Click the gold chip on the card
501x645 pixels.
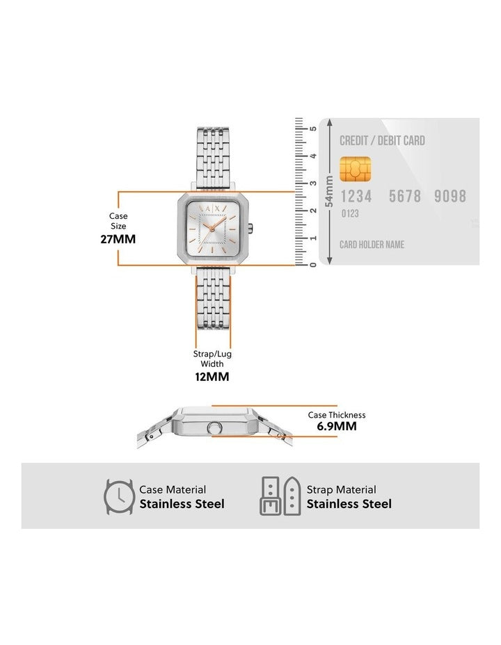click(355, 169)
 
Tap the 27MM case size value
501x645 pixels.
click(118, 239)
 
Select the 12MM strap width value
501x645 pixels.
click(212, 377)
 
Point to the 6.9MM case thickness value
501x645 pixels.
click(337, 426)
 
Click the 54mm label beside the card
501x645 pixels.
click(329, 192)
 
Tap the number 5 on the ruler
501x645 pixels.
click(313, 129)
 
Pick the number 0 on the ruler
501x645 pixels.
click(313, 266)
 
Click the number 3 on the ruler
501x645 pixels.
click(313, 183)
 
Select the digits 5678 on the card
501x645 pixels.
click(405, 196)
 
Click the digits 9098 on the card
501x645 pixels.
click(450, 196)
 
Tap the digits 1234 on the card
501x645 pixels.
click(356, 196)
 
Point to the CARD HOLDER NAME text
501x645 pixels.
click(372, 245)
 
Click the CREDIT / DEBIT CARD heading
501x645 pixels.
click(382, 140)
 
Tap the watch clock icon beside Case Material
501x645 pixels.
click(119, 496)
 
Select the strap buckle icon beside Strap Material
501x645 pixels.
click(280, 496)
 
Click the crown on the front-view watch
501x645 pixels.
click(250, 228)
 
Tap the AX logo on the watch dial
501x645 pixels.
click(212, 209)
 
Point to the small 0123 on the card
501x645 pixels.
click(350, 213)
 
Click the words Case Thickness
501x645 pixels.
click(337, 415)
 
